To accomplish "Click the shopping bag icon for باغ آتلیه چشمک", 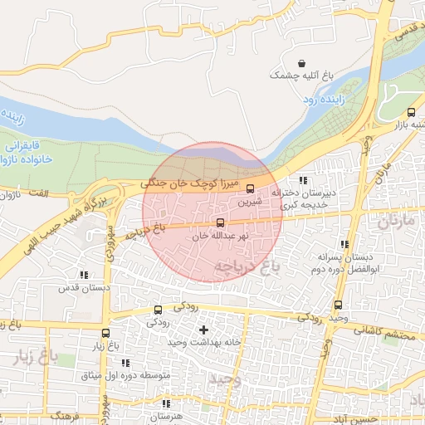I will coord(301,63).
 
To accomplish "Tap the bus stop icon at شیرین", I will coord(250,188).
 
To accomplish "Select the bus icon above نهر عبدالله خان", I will coord(220,222).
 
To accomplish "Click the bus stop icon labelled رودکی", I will coord(158,310).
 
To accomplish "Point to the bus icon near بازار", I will coord(411,112).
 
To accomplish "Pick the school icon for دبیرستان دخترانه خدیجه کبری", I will coord(303,180).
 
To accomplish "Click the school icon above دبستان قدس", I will coord(83,274).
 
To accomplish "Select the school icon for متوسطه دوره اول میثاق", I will coord(126,363).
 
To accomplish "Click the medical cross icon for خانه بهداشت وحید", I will coord(203,330).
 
